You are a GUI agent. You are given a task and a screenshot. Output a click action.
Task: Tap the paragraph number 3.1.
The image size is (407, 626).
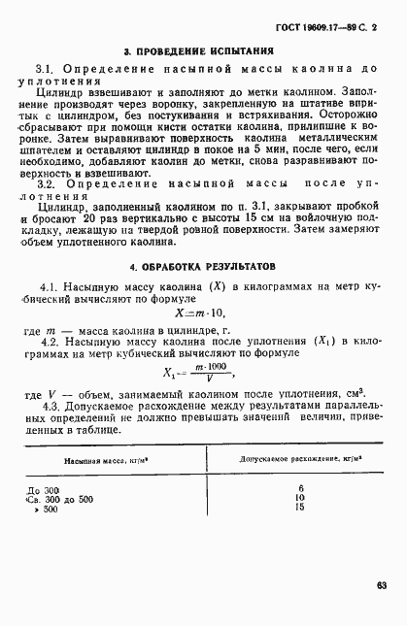click(46, 71)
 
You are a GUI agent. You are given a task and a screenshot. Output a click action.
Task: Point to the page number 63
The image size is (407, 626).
click(383, 584)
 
